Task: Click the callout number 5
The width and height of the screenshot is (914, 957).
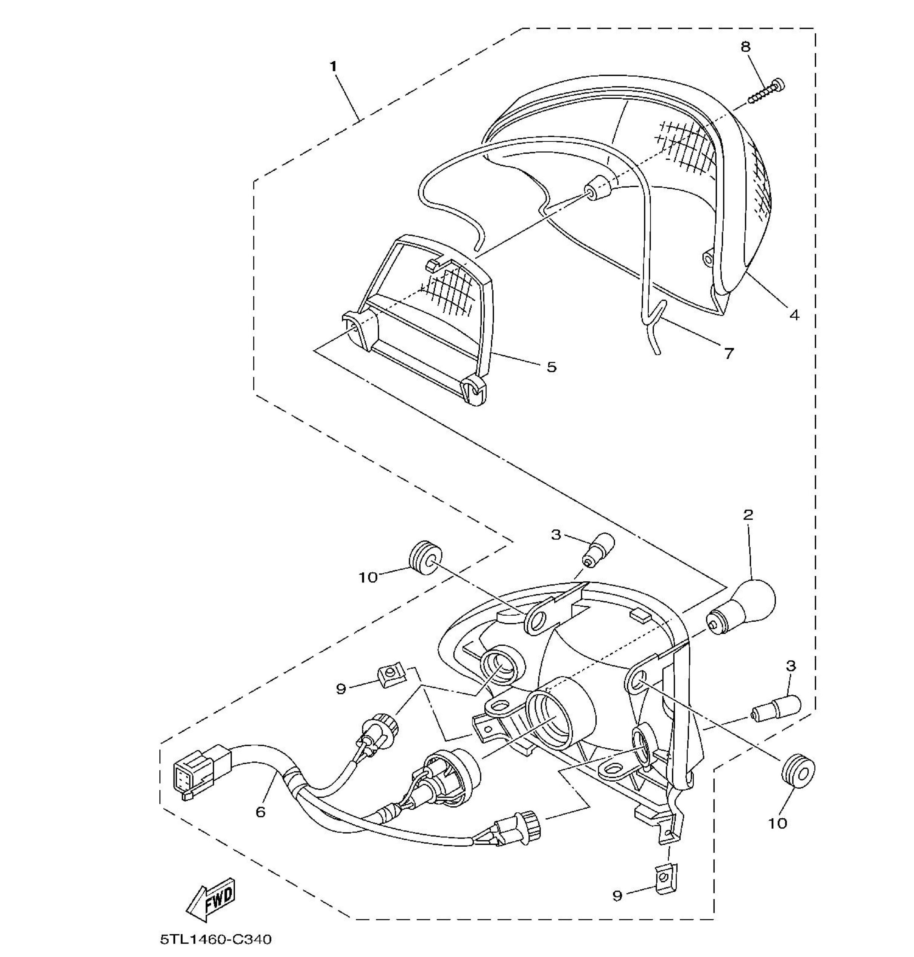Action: coord(551,367)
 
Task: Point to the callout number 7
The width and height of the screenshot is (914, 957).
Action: coord(729,354)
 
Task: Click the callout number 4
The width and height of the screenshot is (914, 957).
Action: coord(794,315)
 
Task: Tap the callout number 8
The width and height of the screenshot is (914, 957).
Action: coord(745,47)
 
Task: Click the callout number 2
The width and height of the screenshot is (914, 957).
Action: coord(748,514)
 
